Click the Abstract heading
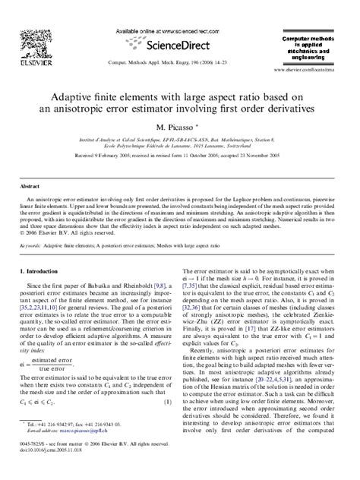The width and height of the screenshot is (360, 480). pyautogui.click(x=30, y=185)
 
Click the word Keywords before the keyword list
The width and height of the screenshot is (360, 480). pyautogui.click(x=30, y=247)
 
